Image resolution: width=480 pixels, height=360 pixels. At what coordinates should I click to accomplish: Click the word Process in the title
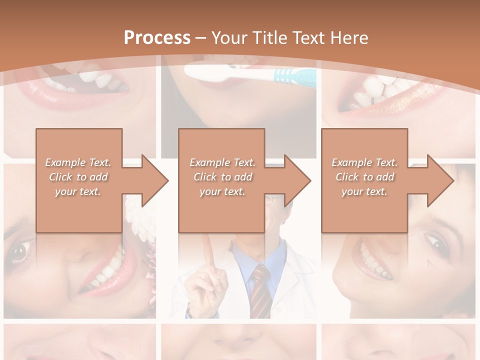click(157, 37)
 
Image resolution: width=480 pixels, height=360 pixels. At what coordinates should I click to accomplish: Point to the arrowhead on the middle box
click(296, 180)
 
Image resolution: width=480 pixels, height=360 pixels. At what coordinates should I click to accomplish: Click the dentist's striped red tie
click(260, 290)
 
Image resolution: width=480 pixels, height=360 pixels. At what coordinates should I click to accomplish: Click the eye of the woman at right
click(438, 244)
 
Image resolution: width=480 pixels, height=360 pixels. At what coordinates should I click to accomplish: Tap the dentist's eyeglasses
click(274, 200)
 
